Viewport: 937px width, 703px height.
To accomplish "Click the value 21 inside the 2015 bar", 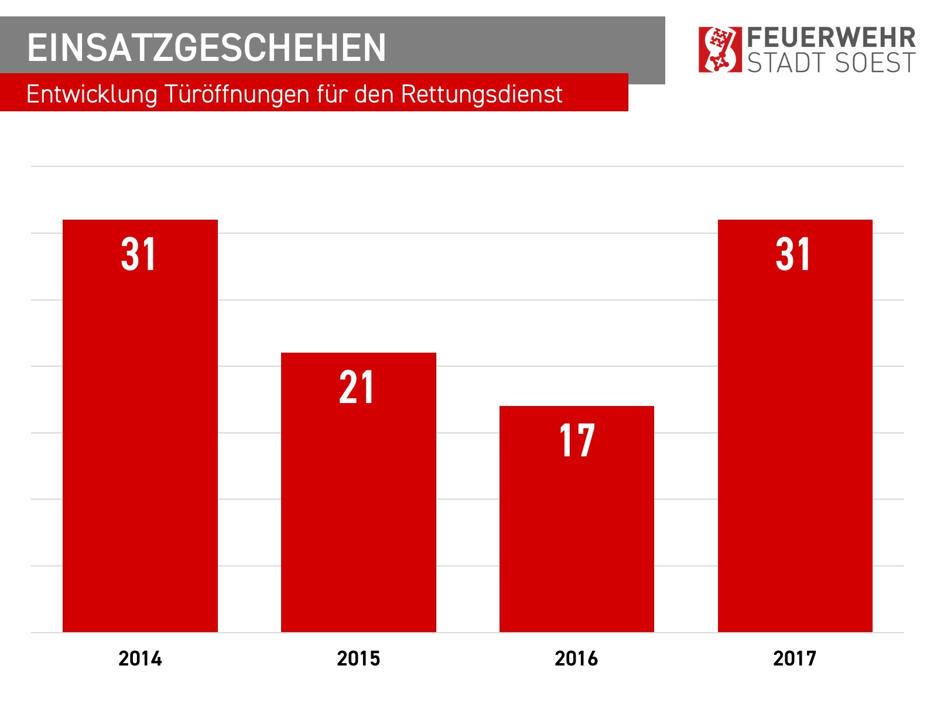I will (357, 388).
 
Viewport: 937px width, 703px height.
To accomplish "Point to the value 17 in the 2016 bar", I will (577, 441).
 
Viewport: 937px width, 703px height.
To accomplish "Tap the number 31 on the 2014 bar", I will (139, 255).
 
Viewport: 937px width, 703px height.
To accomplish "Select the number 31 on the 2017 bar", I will (794, 255).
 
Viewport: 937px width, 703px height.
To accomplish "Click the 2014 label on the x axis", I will (140, 658).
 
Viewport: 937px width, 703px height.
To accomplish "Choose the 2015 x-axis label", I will (358, 658).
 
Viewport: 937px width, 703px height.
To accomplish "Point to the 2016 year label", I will (576, 658).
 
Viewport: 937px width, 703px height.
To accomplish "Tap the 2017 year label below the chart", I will (795, 658).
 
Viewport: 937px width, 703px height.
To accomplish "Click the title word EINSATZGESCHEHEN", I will (207, 47).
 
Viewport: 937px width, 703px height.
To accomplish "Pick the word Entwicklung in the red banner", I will (92, 94).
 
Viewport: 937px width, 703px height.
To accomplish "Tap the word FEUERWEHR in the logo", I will (832, 38).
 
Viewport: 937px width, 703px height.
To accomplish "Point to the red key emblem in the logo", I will (720, 49).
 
